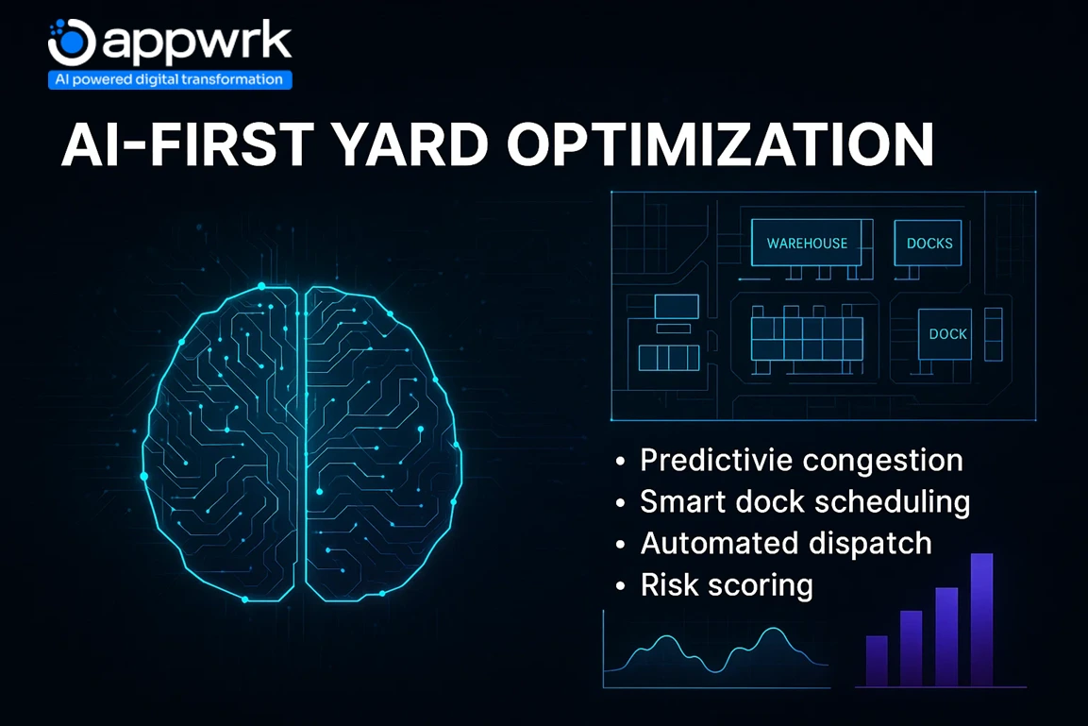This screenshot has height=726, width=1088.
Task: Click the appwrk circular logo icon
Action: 71,42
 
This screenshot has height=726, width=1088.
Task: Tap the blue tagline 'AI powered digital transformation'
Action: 170,80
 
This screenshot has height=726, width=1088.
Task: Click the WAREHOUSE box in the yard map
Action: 807,243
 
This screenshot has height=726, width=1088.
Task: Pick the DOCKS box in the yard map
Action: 929,243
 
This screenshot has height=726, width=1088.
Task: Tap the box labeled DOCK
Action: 946,333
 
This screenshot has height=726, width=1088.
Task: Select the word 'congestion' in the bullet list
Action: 882,461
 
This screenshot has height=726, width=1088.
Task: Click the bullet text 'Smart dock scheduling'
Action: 804,501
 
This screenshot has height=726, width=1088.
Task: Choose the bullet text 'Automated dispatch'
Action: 785,543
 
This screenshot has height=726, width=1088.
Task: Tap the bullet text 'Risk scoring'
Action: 726,584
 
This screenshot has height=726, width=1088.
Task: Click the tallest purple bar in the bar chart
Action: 981,618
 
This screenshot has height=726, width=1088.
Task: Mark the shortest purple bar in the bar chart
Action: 877,660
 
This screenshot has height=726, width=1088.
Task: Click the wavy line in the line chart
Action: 717,651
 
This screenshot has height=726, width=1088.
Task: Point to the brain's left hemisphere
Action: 226,444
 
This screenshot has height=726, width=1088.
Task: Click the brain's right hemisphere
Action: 377,444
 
